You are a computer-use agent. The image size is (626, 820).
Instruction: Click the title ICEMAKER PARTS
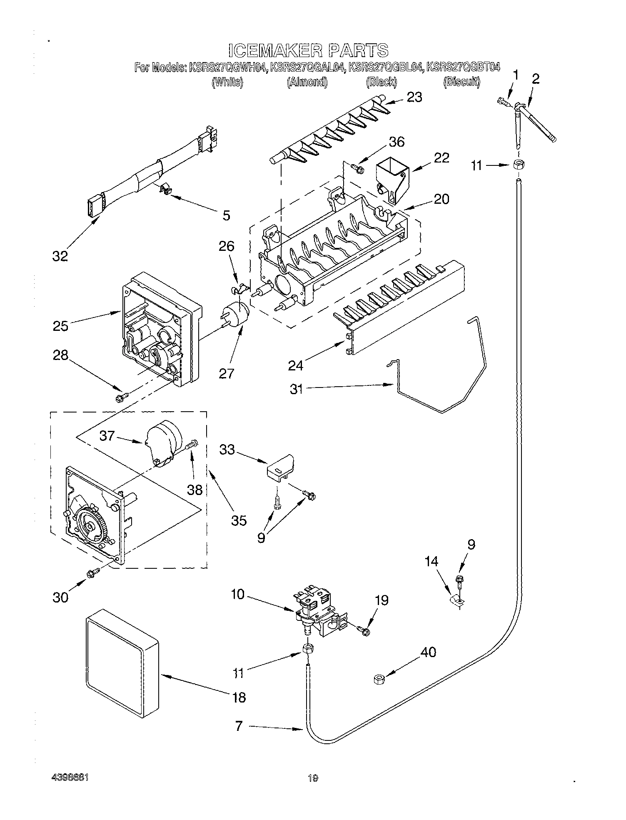[308, 50]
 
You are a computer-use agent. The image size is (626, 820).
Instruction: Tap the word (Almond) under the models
[307, 82]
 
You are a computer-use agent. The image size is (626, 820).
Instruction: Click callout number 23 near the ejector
[414, 97]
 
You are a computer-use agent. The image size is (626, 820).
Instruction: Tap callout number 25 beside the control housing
[60, 325]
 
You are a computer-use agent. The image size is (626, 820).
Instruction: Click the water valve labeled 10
[319, 612]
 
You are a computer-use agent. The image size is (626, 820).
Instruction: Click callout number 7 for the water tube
[238, 727]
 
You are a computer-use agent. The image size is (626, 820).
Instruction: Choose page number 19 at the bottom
[313, 778]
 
